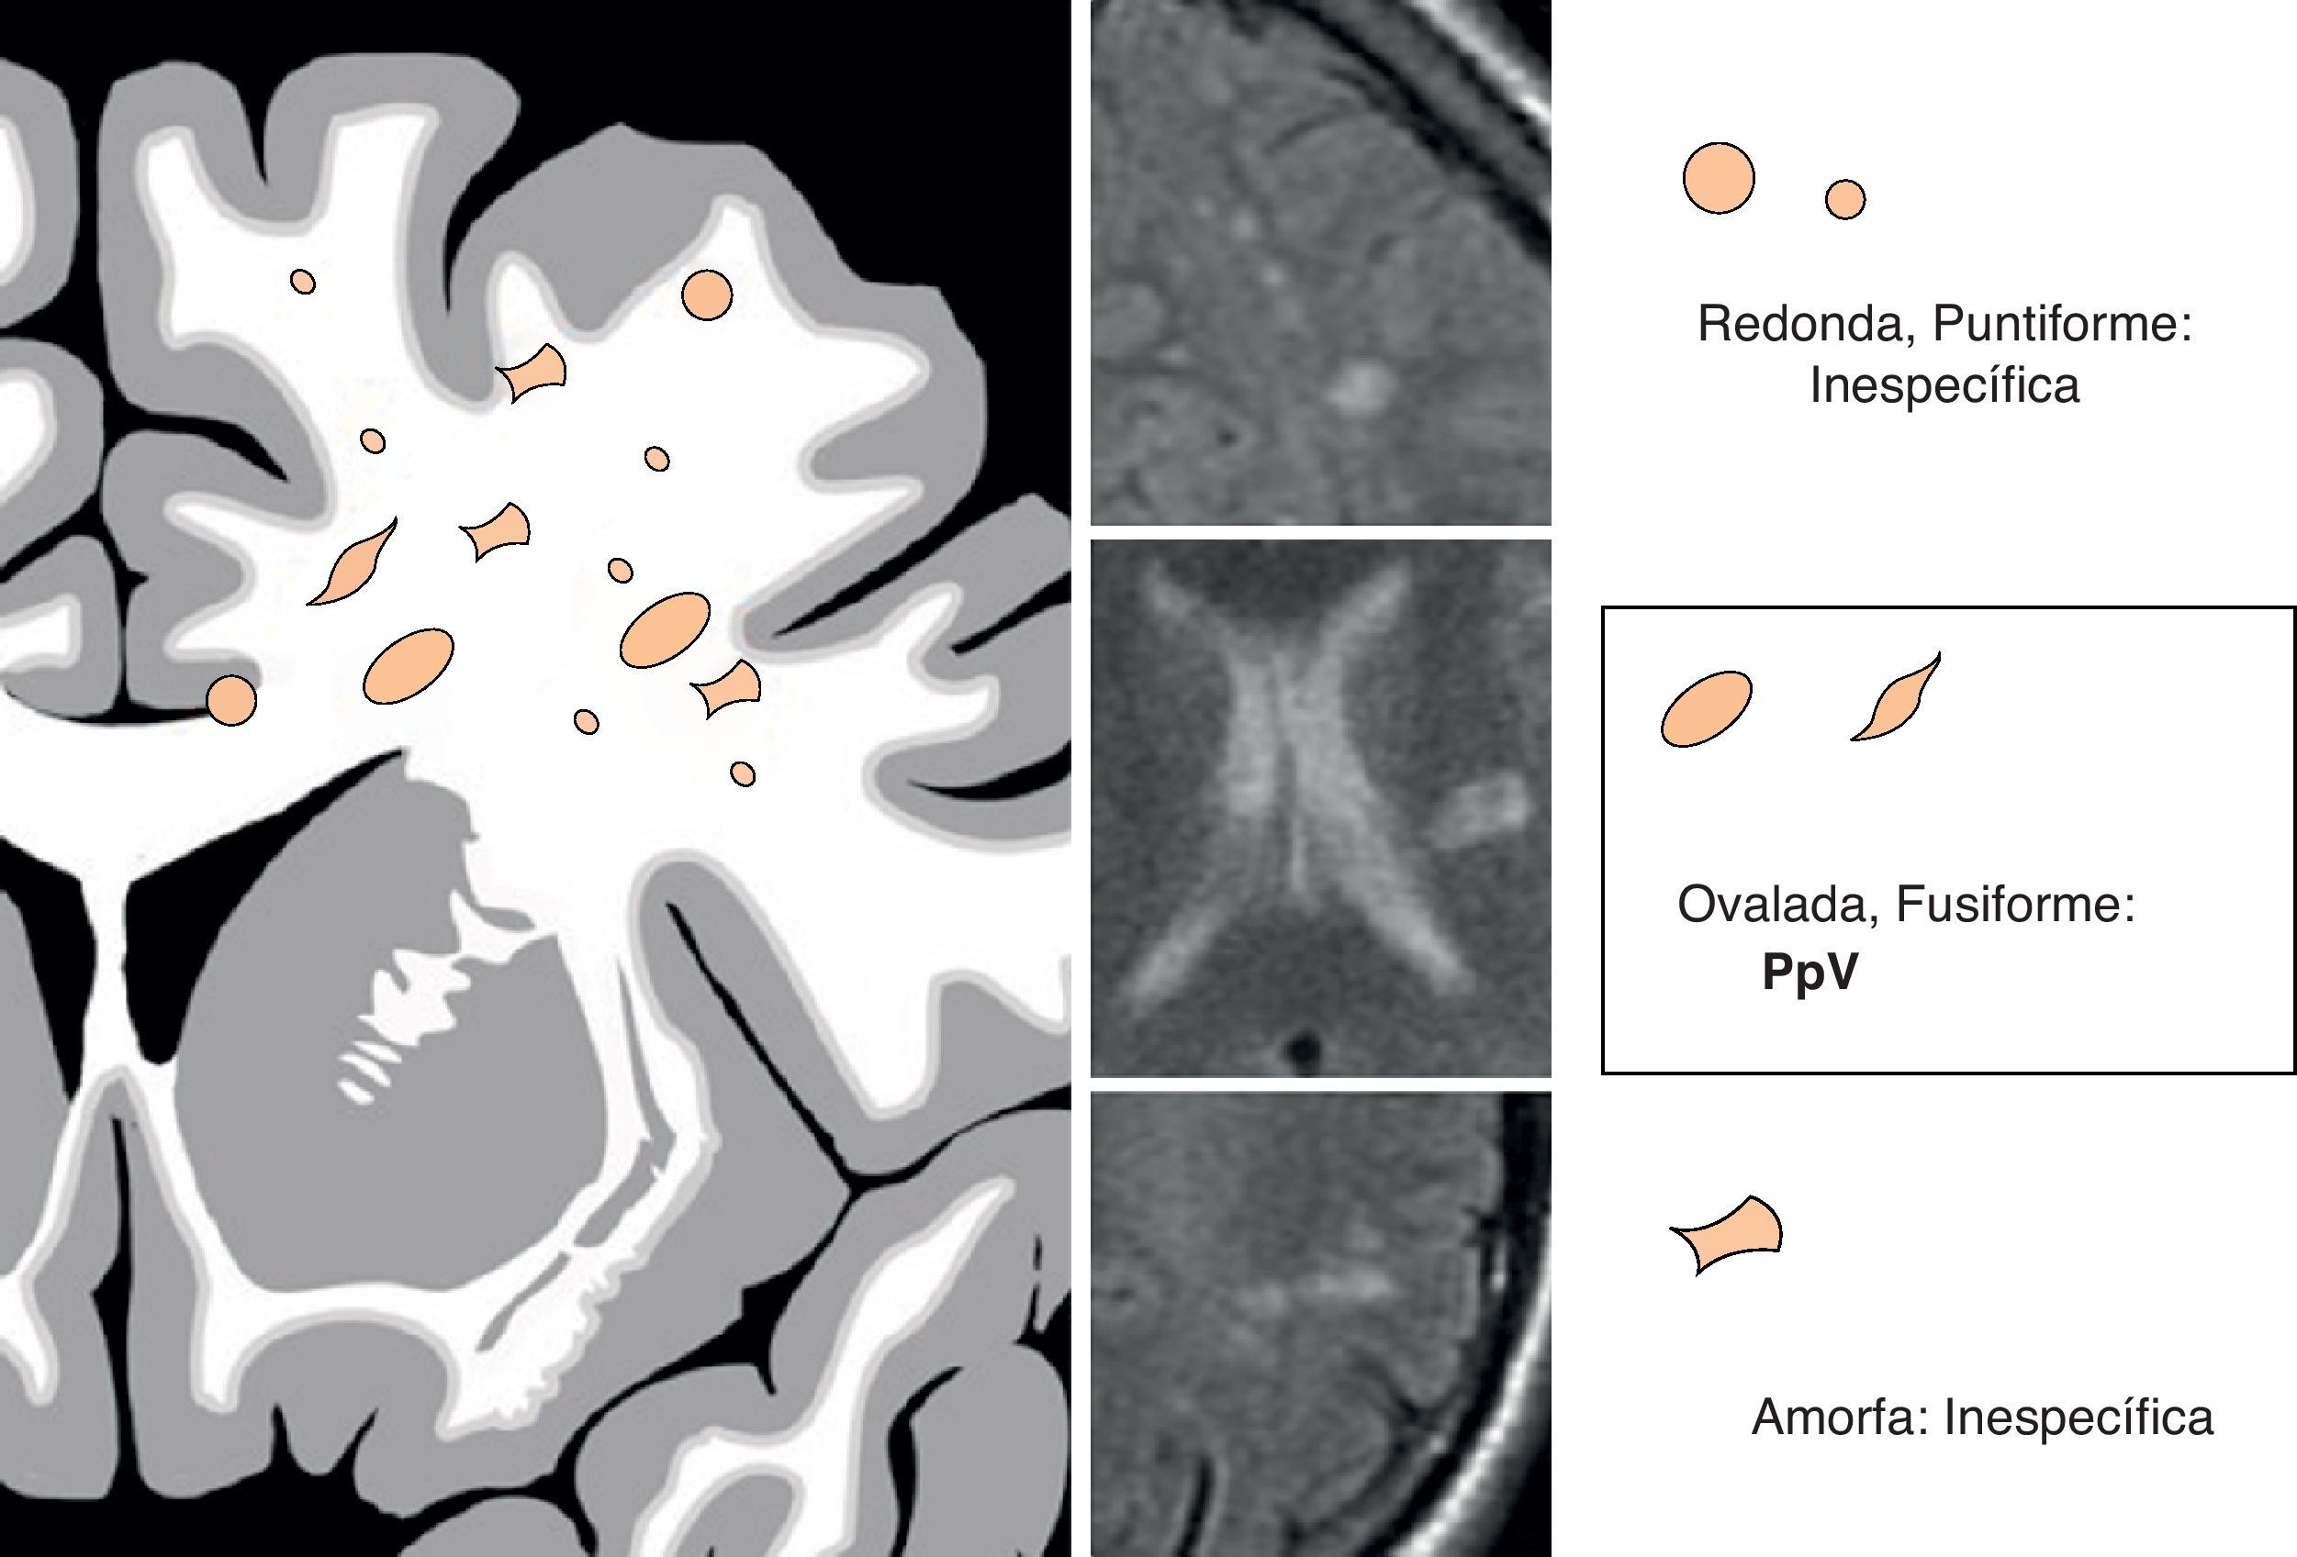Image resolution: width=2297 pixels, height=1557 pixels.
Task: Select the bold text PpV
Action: [x=1809, y=973]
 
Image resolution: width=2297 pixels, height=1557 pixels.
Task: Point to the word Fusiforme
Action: [x=2015, y=904]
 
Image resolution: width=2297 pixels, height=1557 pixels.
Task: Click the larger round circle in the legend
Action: [x=1719, y=178]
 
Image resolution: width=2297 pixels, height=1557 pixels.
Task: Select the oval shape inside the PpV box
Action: [x=1706, y=708]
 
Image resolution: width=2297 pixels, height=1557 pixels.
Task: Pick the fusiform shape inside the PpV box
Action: [x=1896, y=699]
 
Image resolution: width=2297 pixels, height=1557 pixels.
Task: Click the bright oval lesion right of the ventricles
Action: [x=1480, y=812]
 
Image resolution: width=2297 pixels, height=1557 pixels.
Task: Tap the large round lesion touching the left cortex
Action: [x=231, y=700]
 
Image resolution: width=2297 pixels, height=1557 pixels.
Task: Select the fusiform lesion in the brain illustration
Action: [x=353, y=564]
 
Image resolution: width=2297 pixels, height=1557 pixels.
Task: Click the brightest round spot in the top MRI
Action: [x=1360, y=385]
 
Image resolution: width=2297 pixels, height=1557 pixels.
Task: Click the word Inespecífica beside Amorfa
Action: [x=2079, y=1418]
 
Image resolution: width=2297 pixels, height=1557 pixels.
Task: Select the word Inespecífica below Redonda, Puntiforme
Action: [x=1944, y=385]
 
